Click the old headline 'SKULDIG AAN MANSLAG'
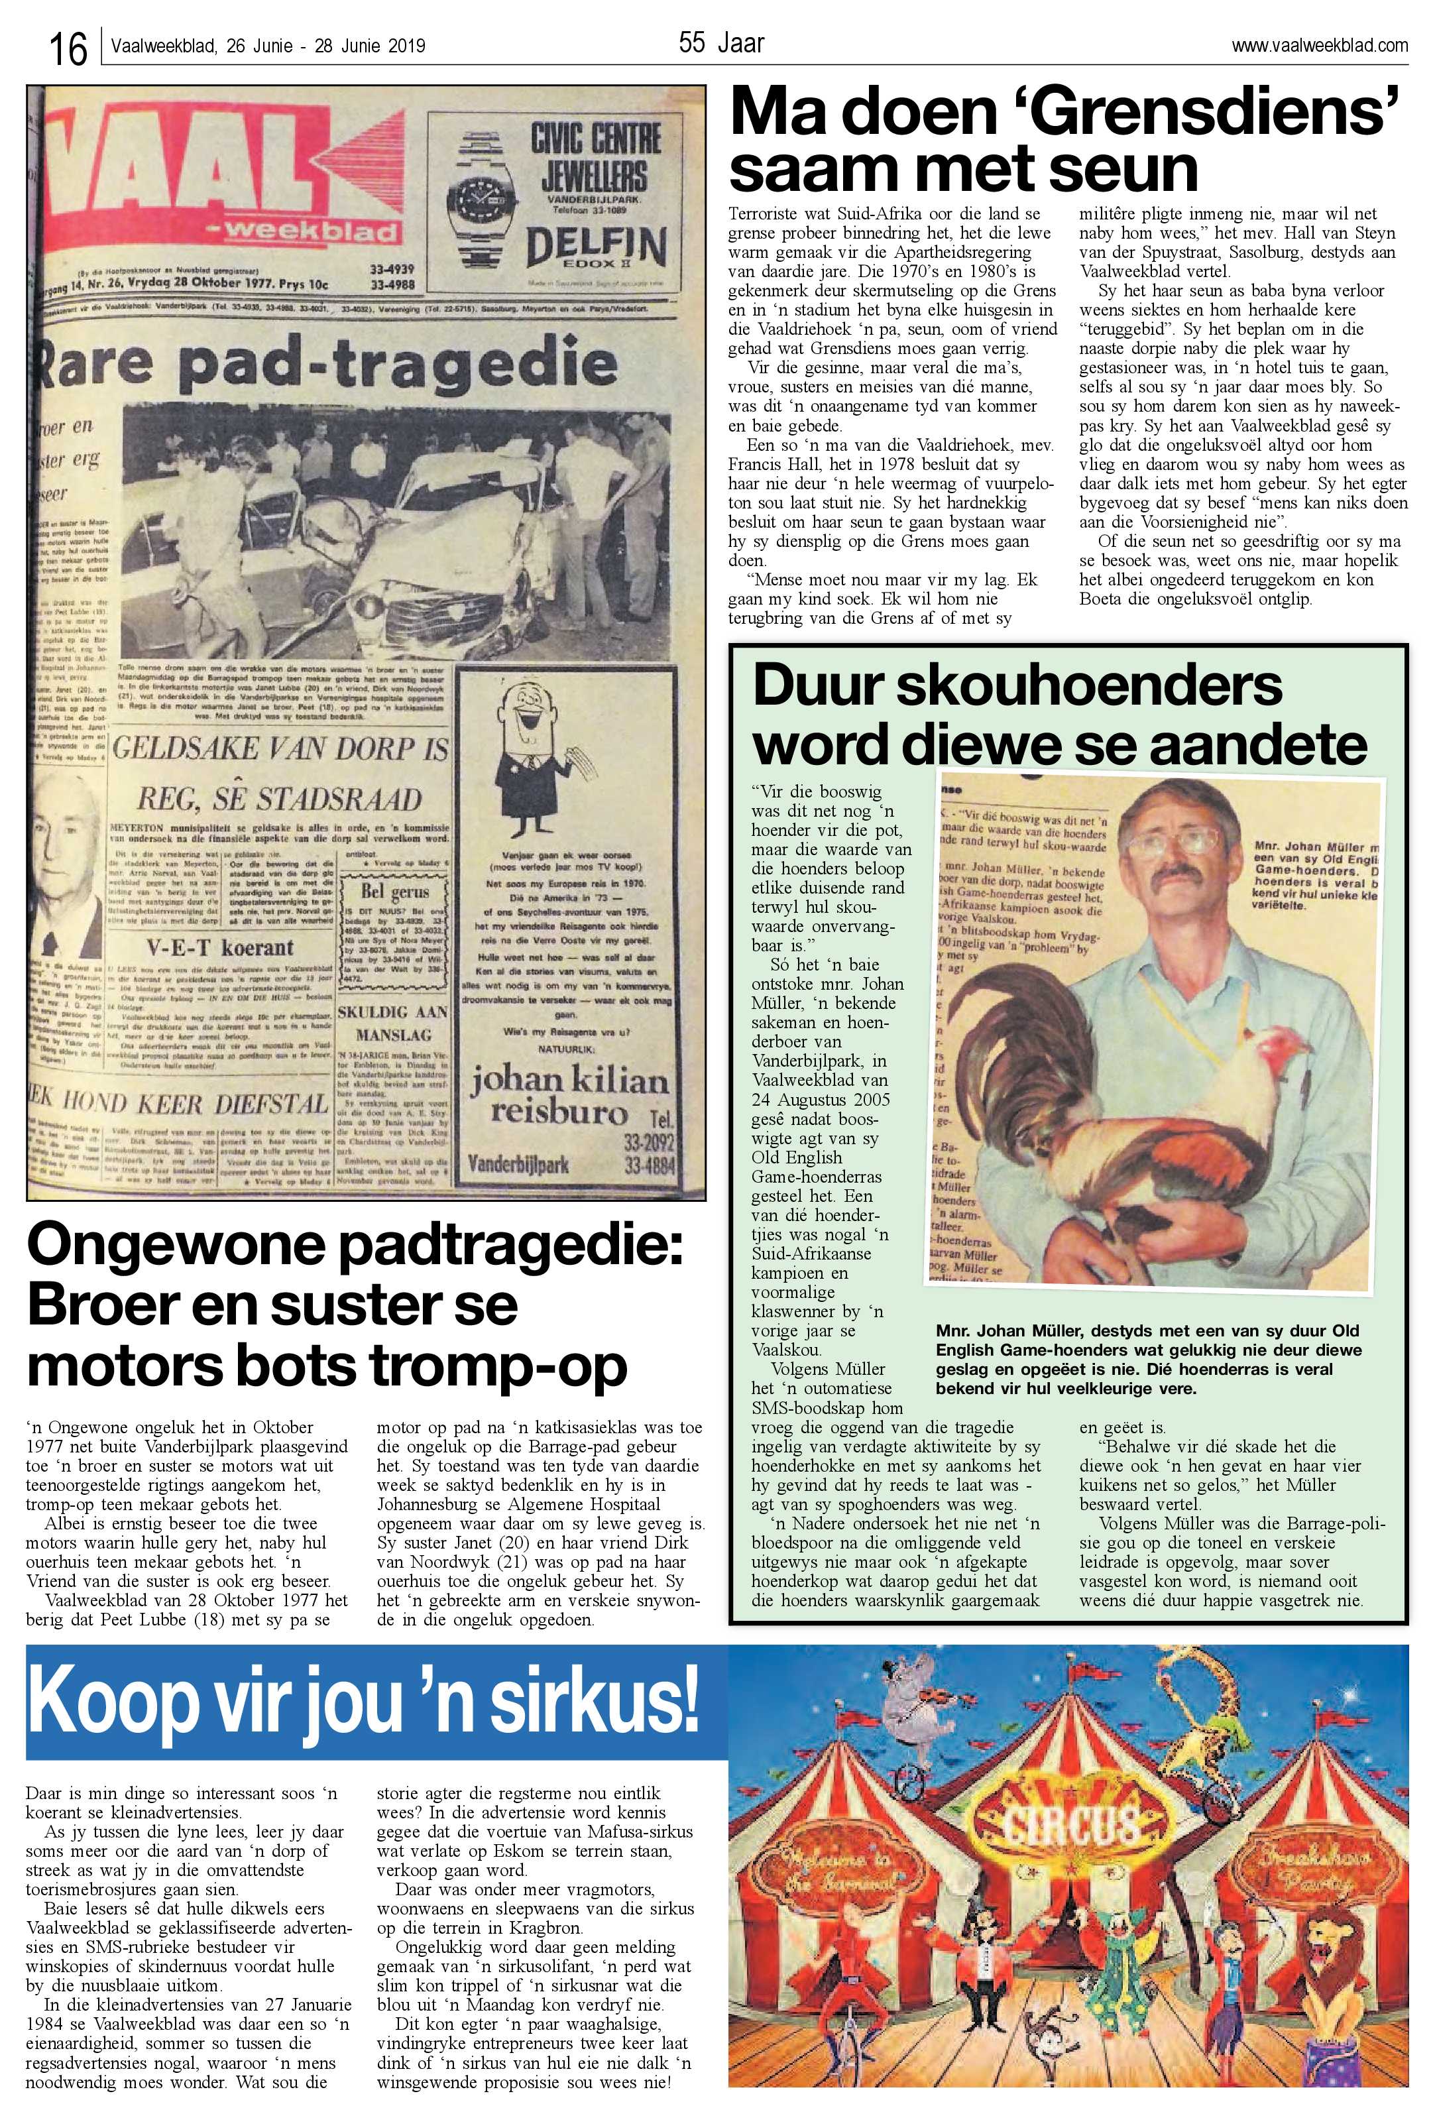pos(393,1024)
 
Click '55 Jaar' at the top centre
pos(721,42)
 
